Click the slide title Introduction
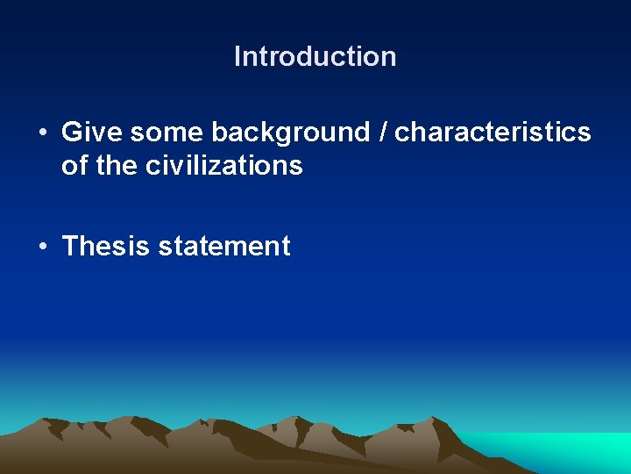[x=315, y=57]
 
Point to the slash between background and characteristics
[x=383, y=133]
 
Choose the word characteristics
[x=493, y=133]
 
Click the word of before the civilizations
[x=74, y=165]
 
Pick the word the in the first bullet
[x=116, y=165]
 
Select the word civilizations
[x=224, y=165]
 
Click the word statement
[x=223, y=246]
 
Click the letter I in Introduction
[x=238, y=57]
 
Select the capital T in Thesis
[x=69, y=246]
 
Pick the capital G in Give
[x=71, y=133]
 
